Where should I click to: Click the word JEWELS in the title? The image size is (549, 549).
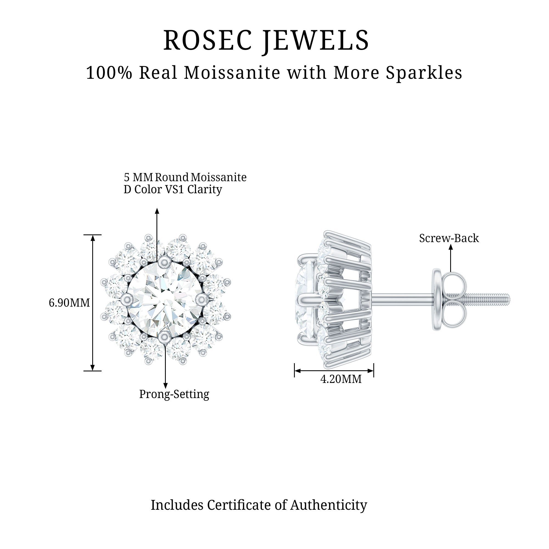coord(315,40)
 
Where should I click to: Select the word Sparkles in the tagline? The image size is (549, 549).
coord(424,73)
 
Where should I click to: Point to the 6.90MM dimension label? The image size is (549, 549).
coord(69,303)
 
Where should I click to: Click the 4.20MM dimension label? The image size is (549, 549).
coord(341,379)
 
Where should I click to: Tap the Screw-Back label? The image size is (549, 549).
coord(449,238)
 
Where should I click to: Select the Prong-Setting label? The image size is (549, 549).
coord(174,394)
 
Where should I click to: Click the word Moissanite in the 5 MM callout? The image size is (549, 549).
coord(219,177)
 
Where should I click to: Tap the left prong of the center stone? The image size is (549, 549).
coord(127,299)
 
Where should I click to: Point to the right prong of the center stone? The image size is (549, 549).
coord(202,299)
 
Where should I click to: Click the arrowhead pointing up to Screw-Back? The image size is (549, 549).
coord(451,247)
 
